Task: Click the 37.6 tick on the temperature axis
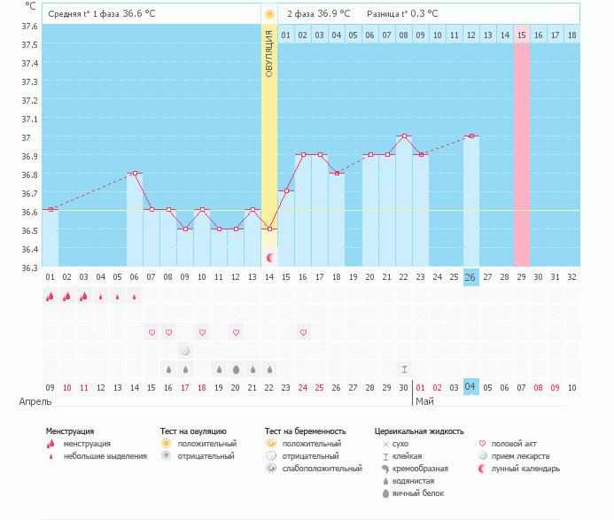(29, 26)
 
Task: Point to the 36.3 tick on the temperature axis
(29, 268)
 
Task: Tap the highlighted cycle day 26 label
(470, 277)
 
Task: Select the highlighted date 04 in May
(470, 387)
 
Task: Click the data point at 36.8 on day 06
(135, 174)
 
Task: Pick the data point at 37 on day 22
(404, 136)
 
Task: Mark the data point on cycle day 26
(471, 136)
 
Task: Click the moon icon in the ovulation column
(270, 257)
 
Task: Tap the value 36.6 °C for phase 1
(144, 14)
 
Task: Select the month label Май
(424, 402)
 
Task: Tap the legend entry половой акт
(514, 443)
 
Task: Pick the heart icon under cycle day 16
(303, 332)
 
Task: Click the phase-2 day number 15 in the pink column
(522, 35)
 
